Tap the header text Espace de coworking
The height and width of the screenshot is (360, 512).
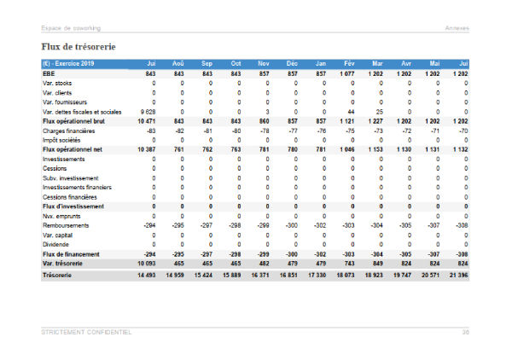71,29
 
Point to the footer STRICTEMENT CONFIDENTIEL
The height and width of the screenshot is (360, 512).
86,332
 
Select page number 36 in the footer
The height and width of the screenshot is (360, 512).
466,332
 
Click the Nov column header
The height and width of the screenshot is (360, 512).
263,64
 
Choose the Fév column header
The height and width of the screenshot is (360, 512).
349,64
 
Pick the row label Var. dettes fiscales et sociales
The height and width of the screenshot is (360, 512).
81,112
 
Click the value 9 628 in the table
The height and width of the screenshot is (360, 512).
146,112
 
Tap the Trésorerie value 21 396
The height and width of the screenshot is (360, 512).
458,276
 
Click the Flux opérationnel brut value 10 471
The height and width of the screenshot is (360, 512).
144,121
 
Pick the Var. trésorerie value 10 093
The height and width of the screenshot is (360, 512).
144,264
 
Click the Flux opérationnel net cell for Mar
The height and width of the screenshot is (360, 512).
374,149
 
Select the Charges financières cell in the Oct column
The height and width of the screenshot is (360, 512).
235,131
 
